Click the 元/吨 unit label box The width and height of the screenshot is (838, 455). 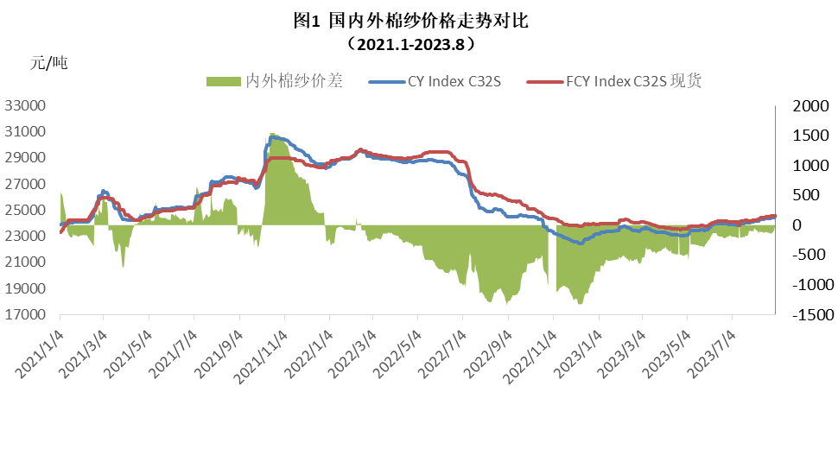point(83,66)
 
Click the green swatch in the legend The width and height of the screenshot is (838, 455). point(223,81)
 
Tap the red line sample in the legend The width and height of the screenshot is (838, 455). point(546,81)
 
